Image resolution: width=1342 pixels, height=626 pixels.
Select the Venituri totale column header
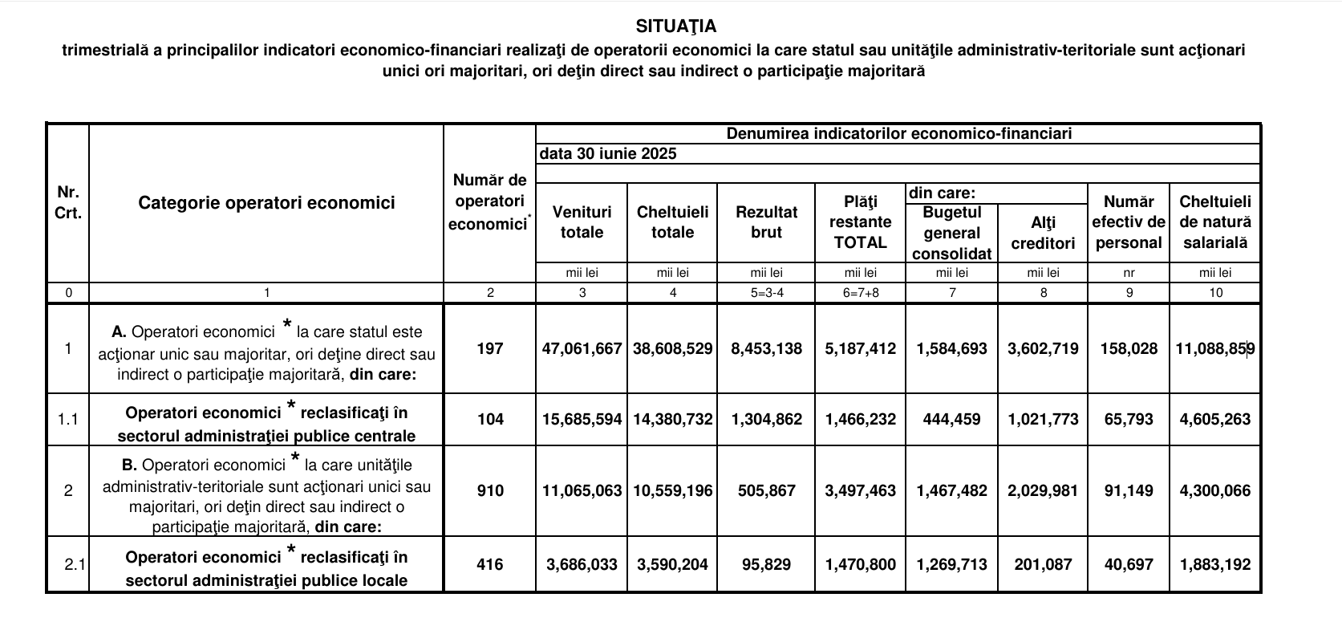click(x=582, y=222)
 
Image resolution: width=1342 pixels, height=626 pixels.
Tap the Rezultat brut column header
click(x=766, y=222)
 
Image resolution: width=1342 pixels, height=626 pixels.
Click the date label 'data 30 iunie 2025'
click(x=607, y=154)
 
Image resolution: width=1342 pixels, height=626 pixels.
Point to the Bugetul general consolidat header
click(x=952, y=233)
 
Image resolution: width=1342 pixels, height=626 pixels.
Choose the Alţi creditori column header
click(x=1043, y=233)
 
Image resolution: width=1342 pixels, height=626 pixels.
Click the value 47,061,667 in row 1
click(x=582, y=348)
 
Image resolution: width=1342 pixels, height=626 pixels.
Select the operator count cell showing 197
click(x=489, y=348)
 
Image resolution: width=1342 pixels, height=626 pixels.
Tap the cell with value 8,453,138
click(x=766, y=348)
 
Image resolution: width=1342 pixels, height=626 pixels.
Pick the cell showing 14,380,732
click(x=672, y=419)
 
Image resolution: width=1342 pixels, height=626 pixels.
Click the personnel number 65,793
click(x=1129, y=419)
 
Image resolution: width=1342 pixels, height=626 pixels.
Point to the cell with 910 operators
click(x=489, y=490)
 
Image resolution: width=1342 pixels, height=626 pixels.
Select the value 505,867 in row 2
click(x=766, y=490)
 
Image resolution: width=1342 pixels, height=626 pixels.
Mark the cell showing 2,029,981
click(x=1043, y=490)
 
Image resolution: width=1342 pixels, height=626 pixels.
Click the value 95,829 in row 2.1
click(x=766, y=564)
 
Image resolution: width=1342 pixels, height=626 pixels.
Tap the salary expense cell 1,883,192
click(x=1215, y=564)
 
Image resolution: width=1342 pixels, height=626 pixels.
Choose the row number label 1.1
click(x=68, y=419)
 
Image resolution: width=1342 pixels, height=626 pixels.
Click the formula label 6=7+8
click(x=860, y=293)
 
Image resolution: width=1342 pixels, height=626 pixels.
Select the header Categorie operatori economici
click(x=266, y=203)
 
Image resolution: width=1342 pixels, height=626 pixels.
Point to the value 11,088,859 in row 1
click(x=1215, y=348)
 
